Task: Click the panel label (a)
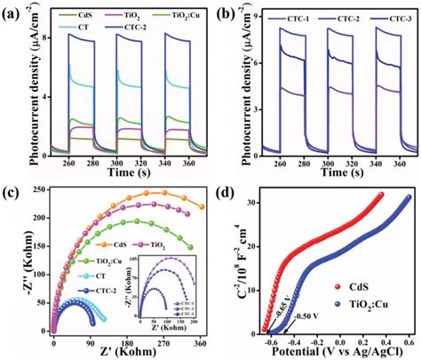click(12, 12)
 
